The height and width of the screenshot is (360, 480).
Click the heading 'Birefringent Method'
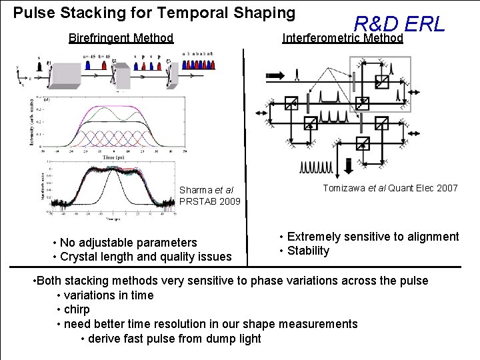(121, 38)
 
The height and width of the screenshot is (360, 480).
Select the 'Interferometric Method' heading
(343, 38)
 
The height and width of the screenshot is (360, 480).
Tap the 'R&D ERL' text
(399, 25)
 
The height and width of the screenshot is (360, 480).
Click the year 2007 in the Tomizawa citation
(447, 188)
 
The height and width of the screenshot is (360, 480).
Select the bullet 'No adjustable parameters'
(128, 242)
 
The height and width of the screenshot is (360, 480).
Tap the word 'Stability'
(308, 251)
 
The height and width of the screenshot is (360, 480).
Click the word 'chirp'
(77, 309)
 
